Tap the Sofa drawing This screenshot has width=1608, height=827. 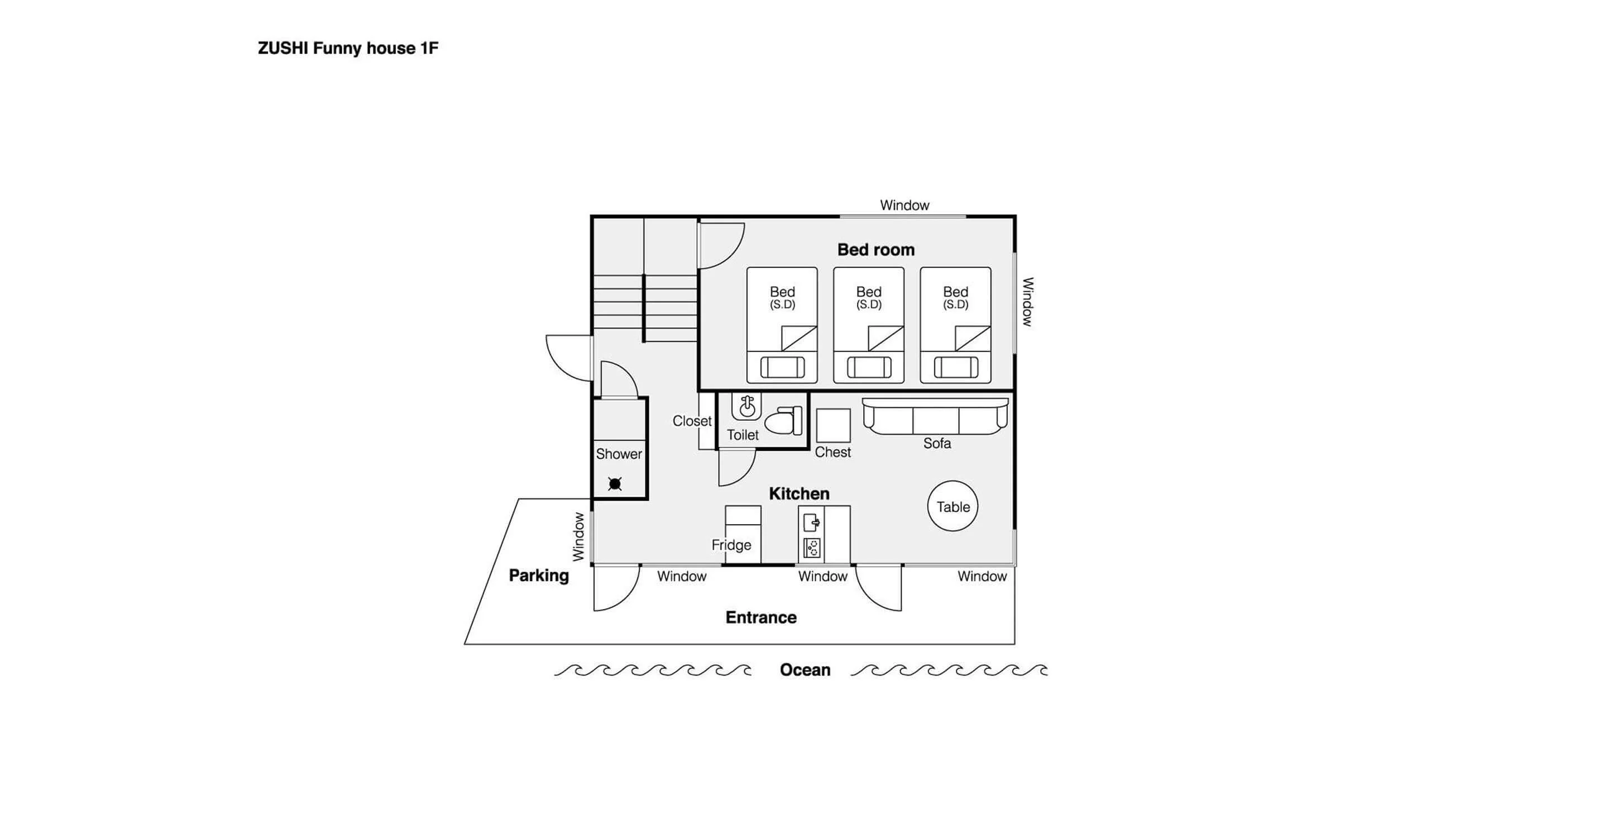[935, 416]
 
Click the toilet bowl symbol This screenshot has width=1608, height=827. [784, 420]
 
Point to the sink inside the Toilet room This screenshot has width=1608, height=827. [746, 407]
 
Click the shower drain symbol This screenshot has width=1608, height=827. [615, 483]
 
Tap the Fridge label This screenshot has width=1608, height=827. [731, 545]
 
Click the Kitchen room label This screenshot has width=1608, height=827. [799, 493]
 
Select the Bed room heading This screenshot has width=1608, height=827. [876, 250]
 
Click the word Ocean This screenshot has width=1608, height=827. [805, 669]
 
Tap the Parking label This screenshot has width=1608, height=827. [539, 576]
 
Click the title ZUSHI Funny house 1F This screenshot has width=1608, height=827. [348, 48]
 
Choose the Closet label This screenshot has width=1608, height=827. [692, 421]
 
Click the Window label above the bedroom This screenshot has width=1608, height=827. [904, 205]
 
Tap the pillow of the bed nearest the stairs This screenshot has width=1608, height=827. [782, 367]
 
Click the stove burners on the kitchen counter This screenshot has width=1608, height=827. [811, 548]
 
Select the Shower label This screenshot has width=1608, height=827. [619, 454]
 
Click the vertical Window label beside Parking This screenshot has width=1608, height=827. [578, 536]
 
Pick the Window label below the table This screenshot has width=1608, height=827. [982, 576]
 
